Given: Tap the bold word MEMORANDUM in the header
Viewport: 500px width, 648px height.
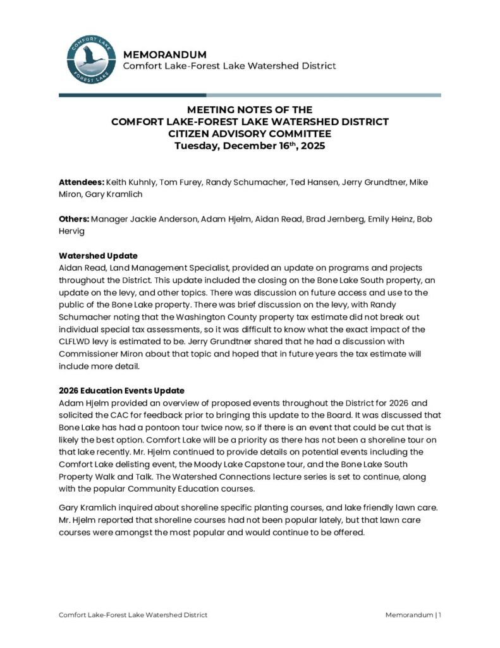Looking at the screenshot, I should click(x=164, y=54).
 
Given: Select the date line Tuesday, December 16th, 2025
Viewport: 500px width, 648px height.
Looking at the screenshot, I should click(x=250, y=146).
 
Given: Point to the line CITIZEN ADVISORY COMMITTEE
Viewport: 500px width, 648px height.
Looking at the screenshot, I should click(x=250, y=134).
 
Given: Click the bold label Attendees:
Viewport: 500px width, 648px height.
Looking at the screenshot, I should click(x=82, y=182).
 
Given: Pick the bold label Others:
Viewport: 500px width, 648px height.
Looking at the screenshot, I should click(x=74, y=219).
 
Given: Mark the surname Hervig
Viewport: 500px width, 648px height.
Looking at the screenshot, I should click(x=73, y=231).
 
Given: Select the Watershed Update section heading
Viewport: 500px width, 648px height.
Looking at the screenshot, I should click(x=98, y=256).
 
